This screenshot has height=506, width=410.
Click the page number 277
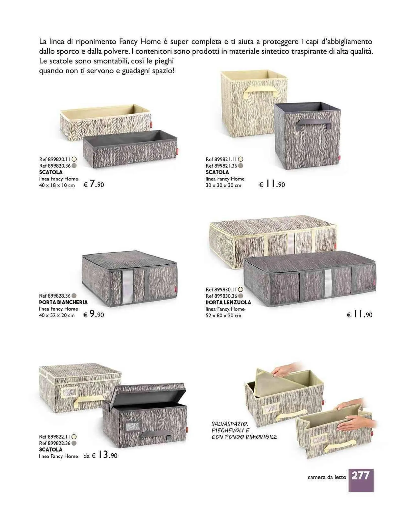click(360, 476)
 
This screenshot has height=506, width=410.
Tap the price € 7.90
click(94, 184)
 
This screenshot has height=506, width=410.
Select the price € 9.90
click(94, 314)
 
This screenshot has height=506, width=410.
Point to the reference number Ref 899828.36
click(55, 296)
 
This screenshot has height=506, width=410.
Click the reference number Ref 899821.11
click(221, 159)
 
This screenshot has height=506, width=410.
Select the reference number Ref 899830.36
click(221, 296)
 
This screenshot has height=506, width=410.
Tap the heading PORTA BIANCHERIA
click(63, 302)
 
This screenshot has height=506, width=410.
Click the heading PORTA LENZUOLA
click(228, 302)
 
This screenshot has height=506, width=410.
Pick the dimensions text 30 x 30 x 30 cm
click(223, 185)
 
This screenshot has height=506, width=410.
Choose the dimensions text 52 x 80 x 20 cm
click(223, 315)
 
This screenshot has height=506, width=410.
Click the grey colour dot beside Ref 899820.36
click(74, 166)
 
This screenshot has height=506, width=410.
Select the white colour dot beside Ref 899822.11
click(74, 437)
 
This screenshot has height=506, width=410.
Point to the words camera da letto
click(327, 477)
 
